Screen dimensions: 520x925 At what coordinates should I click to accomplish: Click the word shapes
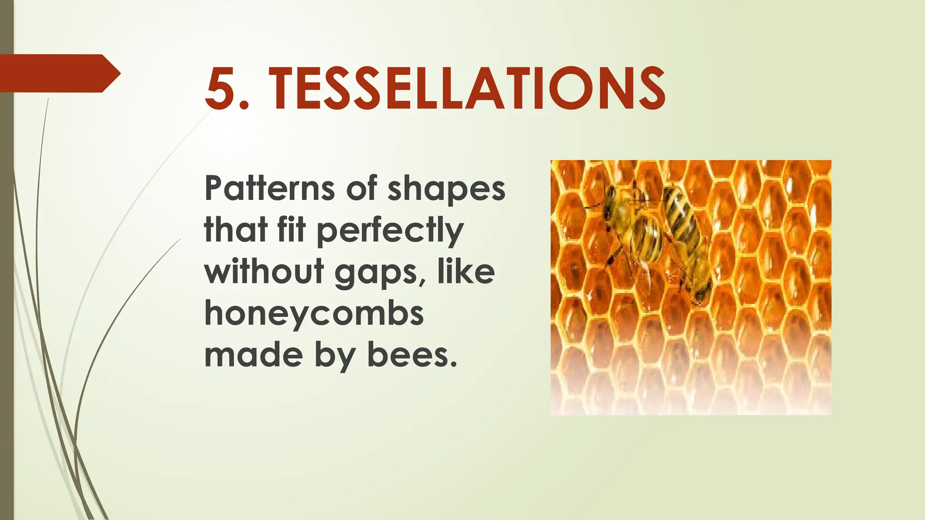446,189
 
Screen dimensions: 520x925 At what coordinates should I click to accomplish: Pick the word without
264,272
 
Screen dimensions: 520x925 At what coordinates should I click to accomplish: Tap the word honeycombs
314,314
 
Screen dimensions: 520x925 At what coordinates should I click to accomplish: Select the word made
253,355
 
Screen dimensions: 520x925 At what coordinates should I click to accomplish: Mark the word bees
409,355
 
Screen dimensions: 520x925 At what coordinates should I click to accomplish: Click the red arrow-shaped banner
59,73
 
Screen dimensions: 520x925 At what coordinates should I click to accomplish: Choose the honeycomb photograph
691,287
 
